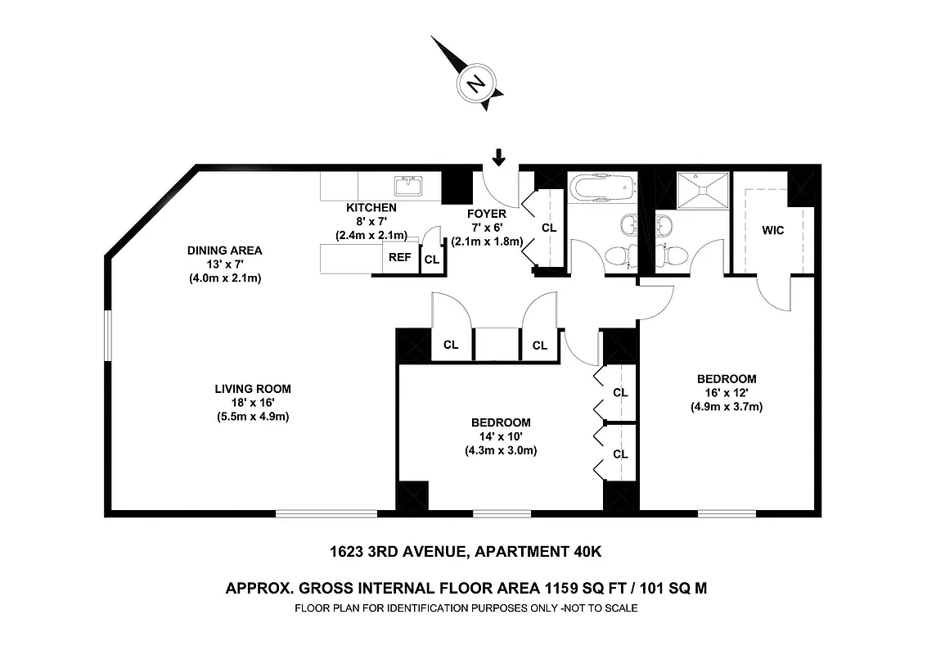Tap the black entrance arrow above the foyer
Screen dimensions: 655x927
499,156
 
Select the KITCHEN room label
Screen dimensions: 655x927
371,208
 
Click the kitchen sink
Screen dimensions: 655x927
407,186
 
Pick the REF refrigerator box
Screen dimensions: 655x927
399,257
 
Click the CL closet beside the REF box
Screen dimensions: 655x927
431,260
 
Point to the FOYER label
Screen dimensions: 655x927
488,215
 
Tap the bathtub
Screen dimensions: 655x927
601,187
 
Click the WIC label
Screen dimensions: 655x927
773,230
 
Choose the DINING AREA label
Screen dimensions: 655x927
225,251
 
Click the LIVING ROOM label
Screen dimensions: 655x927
253,389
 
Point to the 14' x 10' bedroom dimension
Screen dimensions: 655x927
501,436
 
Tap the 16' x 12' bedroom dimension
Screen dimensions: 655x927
726,393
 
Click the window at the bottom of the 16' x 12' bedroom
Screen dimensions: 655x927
727,513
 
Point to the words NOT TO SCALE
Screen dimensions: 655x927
597,608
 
